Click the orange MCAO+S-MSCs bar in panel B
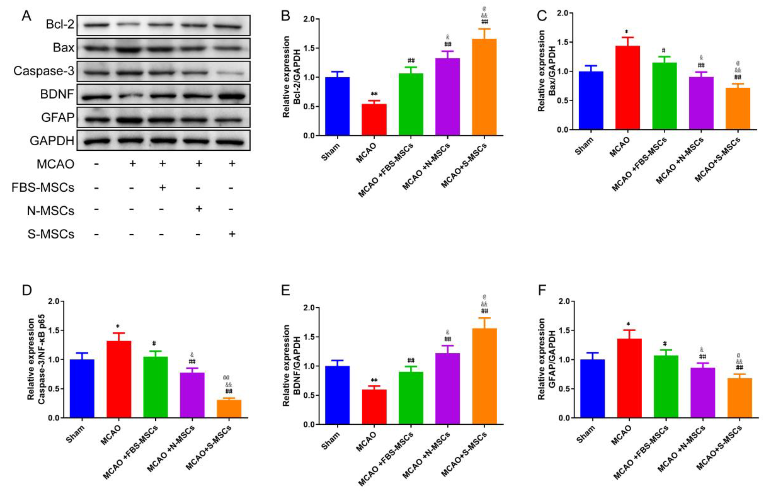484,86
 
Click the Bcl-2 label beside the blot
60,24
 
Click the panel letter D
27,290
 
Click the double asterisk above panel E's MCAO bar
374,380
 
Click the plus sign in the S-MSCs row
232,234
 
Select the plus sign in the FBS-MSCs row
162,187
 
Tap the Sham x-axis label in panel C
584,146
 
